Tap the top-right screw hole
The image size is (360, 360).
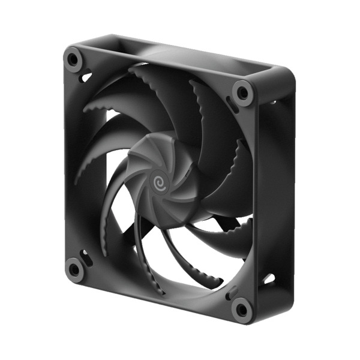[243, 92]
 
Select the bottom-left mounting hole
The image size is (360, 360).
[74, 269]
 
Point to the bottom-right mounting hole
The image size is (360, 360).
[241, 310]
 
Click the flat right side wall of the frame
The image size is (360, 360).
[279, 192]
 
